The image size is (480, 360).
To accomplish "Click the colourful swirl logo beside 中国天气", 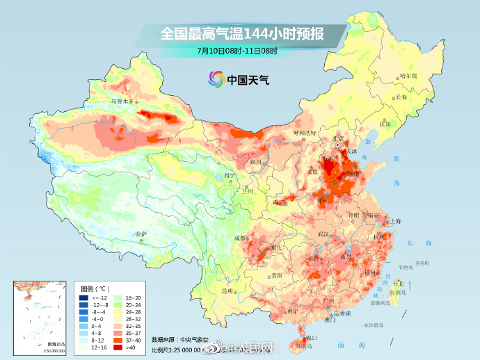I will pyautogui.click(x=214, y=79).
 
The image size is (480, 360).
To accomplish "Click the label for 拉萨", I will pyautogui.click(x=141, y=234).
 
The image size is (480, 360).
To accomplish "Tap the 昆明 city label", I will pyautogui.click(x=227, y=290).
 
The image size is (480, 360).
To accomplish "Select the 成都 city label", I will pyautogui.click(x=241, y=238).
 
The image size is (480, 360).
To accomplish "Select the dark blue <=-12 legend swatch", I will pyautogui.click(x=83, y=297).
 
